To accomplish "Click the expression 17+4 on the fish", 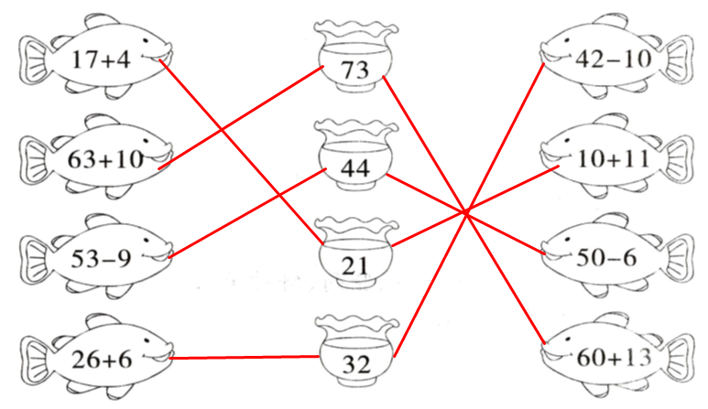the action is (x=101, y=61).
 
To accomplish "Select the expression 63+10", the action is (x=105, y=159).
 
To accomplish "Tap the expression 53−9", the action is (x=101, y=257).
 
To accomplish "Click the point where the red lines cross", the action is (x=466, y=213).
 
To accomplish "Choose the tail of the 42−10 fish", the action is (x=679, y=60).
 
